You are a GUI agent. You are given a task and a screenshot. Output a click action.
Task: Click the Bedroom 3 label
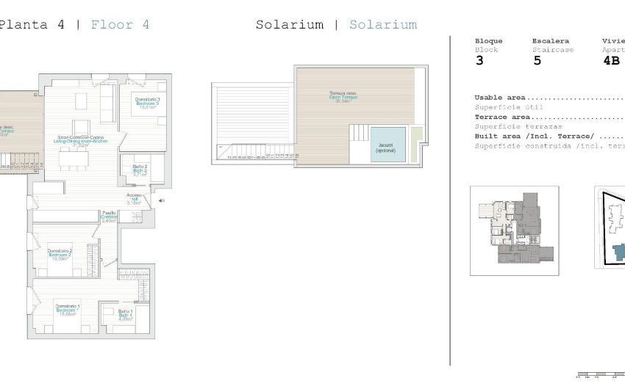pos(148,103)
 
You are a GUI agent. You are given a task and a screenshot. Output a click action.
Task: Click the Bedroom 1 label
pos(68,310)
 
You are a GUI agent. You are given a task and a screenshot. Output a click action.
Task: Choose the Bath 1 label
pos(125,315)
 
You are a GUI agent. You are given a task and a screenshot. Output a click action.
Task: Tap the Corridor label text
pos(109,217)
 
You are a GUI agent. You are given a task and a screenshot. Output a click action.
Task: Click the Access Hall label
pos(134,198)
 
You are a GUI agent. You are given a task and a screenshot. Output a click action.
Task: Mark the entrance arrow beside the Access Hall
pos(161,200)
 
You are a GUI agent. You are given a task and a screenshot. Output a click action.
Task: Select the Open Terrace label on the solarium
pos(343,97)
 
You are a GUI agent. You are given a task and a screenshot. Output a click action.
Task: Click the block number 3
pos(479,61)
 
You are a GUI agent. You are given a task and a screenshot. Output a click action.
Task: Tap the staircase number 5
pos(537,61)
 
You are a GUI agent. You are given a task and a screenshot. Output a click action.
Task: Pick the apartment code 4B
pos(612,61)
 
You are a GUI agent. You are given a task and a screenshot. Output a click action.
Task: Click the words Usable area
pos(500,98)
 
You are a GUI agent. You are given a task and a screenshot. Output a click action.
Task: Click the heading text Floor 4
pos(121,24)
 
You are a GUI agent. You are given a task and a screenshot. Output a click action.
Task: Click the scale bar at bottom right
pos(599,375)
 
